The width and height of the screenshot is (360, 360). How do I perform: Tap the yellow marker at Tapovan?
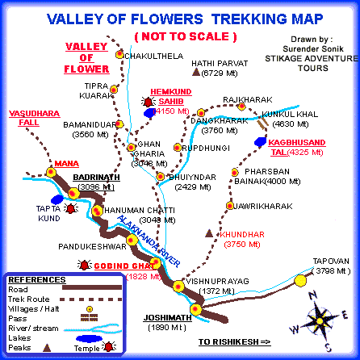point(301,279)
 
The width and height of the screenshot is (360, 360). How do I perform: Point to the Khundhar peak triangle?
point(209,232)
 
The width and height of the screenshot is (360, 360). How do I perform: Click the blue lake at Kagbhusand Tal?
point(261,141)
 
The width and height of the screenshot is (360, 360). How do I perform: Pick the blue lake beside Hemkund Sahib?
point(149,114)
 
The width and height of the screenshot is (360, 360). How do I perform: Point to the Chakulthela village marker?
point(120,55)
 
